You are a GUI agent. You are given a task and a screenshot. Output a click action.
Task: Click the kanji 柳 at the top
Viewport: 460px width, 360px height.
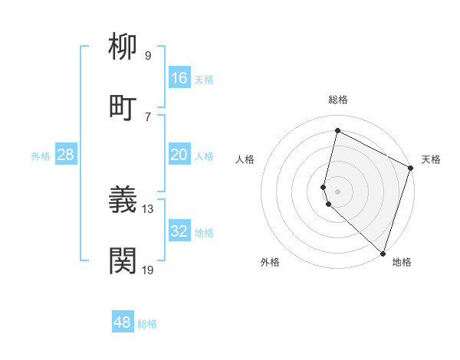[123, 47]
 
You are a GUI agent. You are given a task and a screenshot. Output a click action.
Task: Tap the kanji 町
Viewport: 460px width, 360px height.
[123, 107]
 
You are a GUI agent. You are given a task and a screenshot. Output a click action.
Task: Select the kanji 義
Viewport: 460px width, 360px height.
[123, 200]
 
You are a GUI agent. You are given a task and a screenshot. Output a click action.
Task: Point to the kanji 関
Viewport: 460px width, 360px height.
[123, 260]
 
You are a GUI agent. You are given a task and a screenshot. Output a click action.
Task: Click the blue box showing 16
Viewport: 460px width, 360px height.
[179, 78]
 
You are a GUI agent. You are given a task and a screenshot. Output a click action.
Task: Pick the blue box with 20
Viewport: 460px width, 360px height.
[179, 155]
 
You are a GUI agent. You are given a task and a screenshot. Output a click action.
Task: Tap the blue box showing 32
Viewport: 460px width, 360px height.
[179, 231]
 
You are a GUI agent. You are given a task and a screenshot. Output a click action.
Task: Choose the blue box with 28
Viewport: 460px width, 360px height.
[66, 155]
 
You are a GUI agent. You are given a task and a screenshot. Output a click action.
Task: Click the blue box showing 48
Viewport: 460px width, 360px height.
[123, 322]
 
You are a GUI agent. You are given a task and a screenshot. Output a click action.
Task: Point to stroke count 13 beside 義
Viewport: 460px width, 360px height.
[148, 208]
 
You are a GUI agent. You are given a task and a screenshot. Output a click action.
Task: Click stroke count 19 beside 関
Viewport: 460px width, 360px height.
[148, 269]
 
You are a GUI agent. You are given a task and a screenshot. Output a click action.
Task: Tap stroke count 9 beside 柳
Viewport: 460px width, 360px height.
[148, 55]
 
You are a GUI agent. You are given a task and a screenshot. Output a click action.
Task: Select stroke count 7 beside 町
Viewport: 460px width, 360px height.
[148, 116]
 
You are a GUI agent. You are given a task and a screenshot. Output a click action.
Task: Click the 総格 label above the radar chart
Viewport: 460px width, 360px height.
[338, 100]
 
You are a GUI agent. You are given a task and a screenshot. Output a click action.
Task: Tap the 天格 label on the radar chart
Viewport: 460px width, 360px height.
[431, 159]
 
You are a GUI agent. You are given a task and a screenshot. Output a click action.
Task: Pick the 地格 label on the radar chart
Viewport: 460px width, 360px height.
[402, 262]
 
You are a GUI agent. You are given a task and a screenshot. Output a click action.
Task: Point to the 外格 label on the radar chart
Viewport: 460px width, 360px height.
[270, 262]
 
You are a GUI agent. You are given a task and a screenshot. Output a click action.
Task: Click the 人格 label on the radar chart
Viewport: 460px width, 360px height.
[245, 159]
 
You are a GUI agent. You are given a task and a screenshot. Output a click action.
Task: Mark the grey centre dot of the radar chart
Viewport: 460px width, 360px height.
[338, 191]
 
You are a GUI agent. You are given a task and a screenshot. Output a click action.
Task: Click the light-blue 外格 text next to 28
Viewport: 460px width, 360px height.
[41, 155]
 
